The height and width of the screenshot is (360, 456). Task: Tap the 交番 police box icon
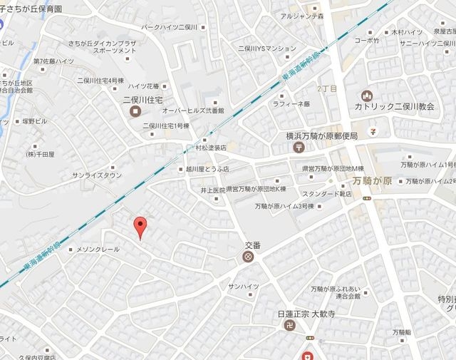point(248,257)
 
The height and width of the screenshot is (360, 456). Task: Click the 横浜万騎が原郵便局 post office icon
point(297,147)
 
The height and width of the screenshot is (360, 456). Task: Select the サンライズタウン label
point(97,175)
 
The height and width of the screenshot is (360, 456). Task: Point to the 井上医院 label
point(212,190)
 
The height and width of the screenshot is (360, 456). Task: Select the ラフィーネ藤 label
point(291,104)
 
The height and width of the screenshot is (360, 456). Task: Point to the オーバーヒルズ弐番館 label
point(193,111)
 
